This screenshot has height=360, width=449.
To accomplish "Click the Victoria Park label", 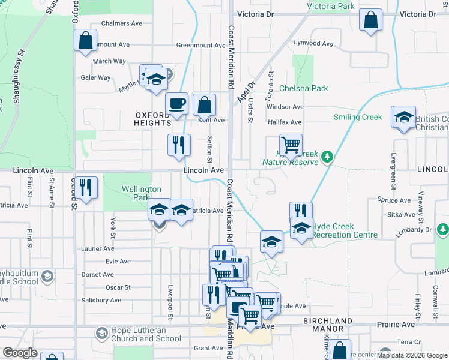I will tap(330, 6).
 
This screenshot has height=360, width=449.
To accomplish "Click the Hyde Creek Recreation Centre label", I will tap(342, 230).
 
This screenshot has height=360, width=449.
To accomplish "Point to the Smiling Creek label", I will tap(358, 117).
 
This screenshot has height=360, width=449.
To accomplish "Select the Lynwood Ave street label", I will tap(313, 44).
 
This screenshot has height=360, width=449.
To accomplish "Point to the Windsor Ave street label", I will tap(285, 107).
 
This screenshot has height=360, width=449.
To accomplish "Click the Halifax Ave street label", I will tap(285, 122).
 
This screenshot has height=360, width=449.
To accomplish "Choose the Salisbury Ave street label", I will tap(101, 300).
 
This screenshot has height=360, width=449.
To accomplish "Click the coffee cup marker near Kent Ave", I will tap(177, 103).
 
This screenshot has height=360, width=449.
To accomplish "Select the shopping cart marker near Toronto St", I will tap(291, 144).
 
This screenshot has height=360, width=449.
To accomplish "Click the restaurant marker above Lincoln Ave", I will tap(179, 144).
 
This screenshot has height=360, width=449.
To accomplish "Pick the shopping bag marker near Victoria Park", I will tap(371, 19).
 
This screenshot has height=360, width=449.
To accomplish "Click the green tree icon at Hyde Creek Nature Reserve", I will tap(327, 157).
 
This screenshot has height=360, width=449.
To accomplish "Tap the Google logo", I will tap(20, 353).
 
